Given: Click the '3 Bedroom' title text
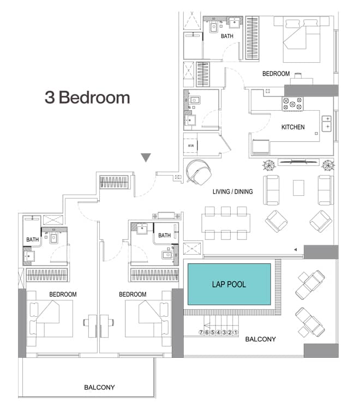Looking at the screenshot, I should click(87, 98).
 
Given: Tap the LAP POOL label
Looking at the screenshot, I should click(229, 285).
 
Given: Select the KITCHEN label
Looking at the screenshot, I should click(293, 127).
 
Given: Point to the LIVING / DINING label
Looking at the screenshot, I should click(233, 192).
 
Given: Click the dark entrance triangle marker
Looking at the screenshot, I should click(145, 158).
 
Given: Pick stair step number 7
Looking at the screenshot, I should click(201, 332).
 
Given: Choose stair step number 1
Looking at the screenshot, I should click(236, 332).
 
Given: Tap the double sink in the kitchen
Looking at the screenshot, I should click(327, 123).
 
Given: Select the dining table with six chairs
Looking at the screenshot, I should click(226, 223).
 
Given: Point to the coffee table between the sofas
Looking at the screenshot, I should click(299, 188).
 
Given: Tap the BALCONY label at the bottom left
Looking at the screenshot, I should click(99, 388).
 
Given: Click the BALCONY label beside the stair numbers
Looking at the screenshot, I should click(260, 339).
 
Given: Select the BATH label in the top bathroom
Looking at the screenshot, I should click(227, 37).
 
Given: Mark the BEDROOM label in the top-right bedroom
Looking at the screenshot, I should click(276, 74).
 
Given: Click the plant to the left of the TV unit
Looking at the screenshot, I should click(269, 165).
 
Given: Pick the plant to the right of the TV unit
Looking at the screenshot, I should click(327, 165).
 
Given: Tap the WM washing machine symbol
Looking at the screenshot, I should click(191, 146).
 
